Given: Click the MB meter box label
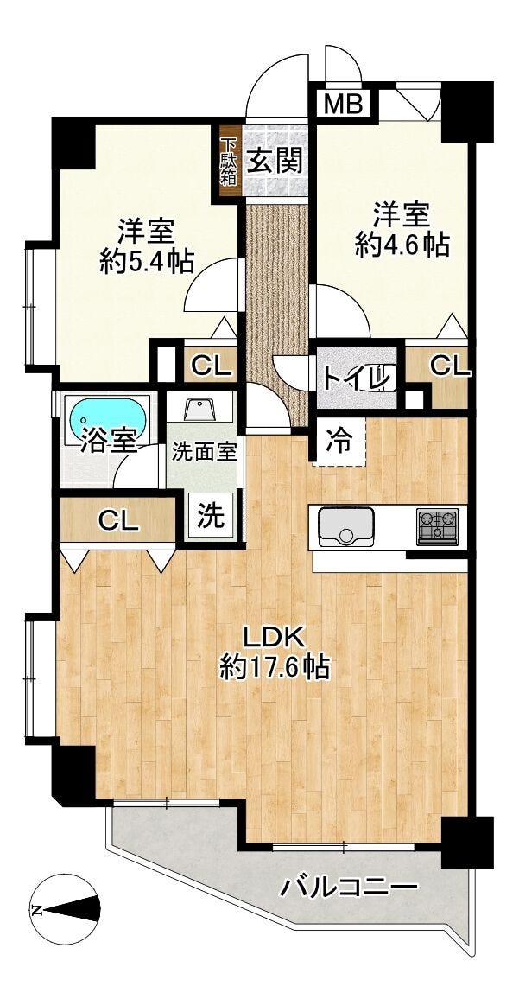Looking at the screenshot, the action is coord(345,103).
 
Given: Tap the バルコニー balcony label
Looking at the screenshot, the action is coord(350,887).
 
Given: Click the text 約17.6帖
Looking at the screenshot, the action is coord(275,667).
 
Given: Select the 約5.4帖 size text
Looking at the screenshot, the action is coord(147,261).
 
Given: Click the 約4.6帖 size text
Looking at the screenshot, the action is coord(402,245).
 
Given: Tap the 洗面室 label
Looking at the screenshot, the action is coord(205,454).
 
